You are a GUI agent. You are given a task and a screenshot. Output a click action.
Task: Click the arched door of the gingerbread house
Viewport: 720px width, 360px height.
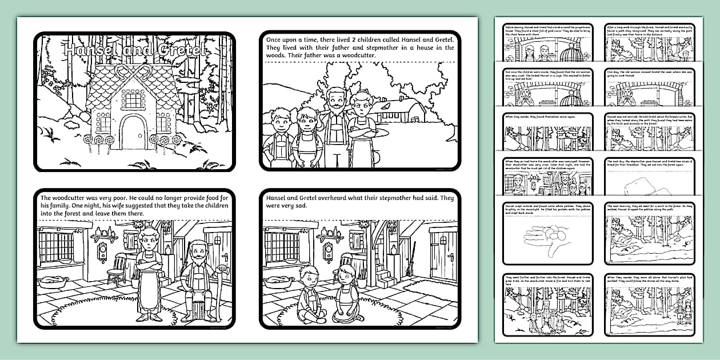click(133, 133)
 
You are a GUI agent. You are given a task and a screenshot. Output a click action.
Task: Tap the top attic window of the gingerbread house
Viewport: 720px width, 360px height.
click(133, 101)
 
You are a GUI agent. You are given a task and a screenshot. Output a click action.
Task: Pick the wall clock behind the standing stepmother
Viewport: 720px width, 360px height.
click(103, 251)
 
